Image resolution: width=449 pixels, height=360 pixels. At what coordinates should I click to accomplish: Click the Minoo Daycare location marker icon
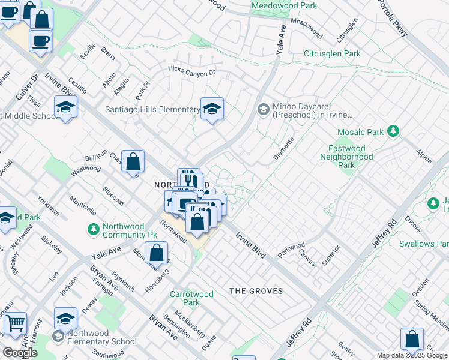pyautogui.click(x=263, y=110)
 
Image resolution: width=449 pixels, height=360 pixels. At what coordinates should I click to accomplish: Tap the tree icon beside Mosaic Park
pyautogui.click(x=393, y=131)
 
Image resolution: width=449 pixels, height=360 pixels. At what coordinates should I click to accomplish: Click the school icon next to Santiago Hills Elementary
pyautogui.click(x=212, y=109)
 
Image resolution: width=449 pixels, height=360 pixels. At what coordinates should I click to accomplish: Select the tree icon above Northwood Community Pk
pyautogui.click(x=93, y=229)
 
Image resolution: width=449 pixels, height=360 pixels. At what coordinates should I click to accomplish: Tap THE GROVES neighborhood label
pyautogui.click(x=256, y=291)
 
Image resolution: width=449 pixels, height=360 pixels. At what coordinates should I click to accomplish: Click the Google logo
pyautogui.click(x=20, y=353)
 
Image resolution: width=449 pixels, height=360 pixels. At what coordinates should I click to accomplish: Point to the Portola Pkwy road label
pyautogui.click(x=393, y=18)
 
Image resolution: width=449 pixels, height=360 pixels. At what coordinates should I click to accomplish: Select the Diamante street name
pyautogui.click(x=284, y=147)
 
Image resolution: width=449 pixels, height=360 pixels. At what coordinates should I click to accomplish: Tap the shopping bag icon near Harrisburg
pyautogui.click(x=156, y=252)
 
